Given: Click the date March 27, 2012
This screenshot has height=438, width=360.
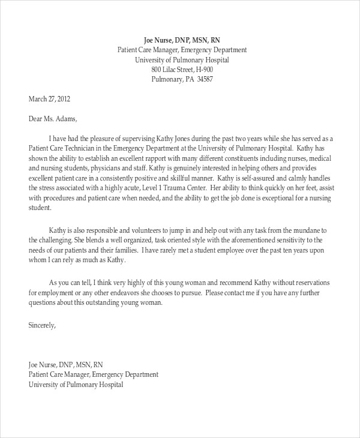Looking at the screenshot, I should (50, 98).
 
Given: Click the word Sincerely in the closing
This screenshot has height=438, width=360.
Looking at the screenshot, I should (42, 326).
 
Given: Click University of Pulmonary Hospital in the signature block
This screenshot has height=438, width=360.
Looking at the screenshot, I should (76, 385).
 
